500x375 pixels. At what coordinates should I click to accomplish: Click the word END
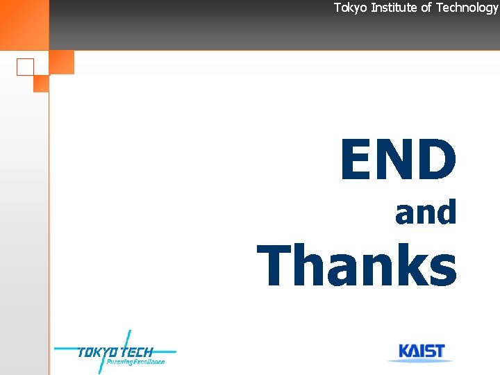[398, 159]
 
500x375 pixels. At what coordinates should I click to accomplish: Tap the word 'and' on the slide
[426, 212]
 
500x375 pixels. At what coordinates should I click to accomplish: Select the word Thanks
[357, 265]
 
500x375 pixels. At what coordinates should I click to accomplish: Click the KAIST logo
[421, 351]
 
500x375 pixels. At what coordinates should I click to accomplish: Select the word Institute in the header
[394, 8]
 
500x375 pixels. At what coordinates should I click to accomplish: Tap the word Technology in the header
[467, 8]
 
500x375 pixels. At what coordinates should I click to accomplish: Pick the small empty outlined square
[25, 67]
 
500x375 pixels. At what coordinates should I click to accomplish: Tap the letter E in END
[356, 159]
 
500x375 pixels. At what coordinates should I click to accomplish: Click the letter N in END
[395, 159]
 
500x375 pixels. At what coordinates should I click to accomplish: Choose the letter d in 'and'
[445, 212]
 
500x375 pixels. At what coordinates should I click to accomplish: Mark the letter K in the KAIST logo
[403, 351]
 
